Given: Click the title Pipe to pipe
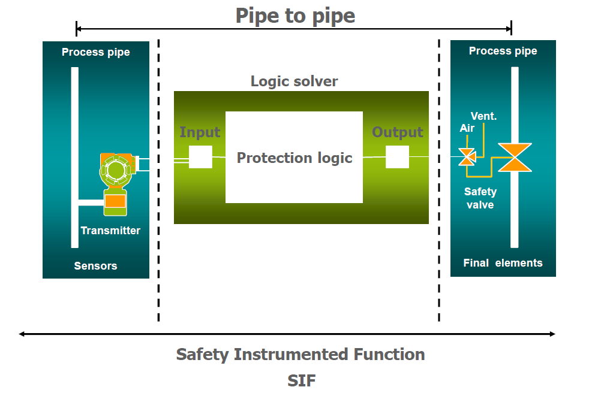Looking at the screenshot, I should [x=295, y=16].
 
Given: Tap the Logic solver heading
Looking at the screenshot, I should [x=295, y=81].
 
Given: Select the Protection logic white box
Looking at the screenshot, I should [x=294, y=157].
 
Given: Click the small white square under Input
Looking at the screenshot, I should [x=200, y=157].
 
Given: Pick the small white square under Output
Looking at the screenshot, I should [x=397, y=157].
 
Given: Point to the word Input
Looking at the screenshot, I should [x=200, y=132].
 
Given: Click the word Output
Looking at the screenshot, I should [x=398, y=132].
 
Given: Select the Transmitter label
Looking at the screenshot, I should [x=110, y=231].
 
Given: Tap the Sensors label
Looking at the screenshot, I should [x=95, y=265].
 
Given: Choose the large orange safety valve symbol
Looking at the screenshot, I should [x=515, y=158].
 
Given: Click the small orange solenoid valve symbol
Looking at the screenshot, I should [x=467, y=158].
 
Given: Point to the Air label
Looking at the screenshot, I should [x=467, y=128].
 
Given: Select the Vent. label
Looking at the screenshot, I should [x=483, y=116].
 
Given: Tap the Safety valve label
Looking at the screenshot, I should [x=480, y=198].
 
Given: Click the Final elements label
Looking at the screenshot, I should [x=503, y=262].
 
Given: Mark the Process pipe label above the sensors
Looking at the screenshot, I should [x=95, y=52].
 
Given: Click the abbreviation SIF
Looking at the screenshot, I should [x=301, y=380].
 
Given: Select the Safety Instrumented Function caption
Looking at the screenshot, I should [x=300, y=354].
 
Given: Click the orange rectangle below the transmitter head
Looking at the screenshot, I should [x=115, y=201].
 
